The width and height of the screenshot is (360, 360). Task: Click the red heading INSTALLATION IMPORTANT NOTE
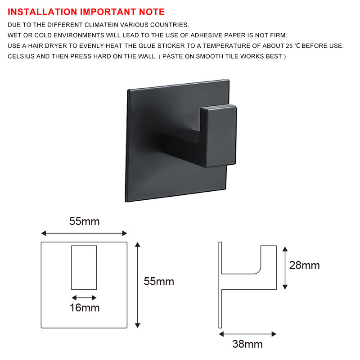click(86, 12)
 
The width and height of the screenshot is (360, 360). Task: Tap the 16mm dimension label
click(84, 308)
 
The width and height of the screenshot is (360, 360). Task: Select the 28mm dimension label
click(304, 265)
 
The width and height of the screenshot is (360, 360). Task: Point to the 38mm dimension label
click(247, 344)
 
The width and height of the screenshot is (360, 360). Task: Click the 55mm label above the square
click(84, 221)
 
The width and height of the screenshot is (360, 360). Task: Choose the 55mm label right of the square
click(158, 282)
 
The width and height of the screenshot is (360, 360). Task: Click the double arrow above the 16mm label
click(84, 297)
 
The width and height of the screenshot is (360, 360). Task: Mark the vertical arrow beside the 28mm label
click(284, 267)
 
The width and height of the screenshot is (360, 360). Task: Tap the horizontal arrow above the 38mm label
click(247, 333)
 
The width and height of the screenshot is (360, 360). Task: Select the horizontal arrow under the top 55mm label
click(84, 233)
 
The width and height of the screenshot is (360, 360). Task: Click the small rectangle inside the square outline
click(84, 268)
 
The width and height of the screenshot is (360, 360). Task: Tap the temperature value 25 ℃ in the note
click(293, 46)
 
